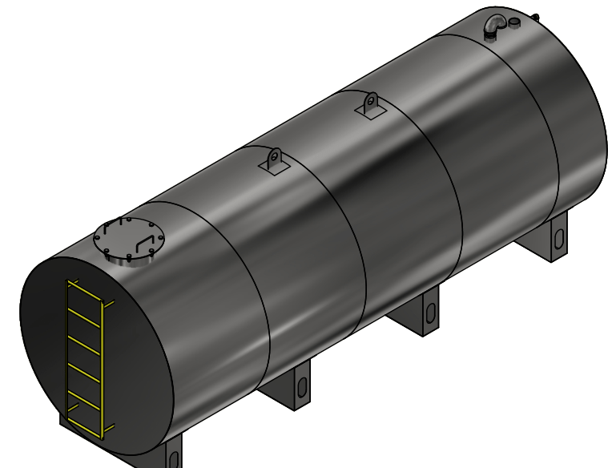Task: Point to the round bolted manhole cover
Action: click(128, 240)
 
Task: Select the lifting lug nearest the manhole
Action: click(275, 160)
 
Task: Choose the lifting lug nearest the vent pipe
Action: click(370, 106)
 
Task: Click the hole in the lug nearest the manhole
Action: click(275, 155)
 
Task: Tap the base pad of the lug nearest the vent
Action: click(371, 115)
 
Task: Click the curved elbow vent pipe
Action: click(494, 26)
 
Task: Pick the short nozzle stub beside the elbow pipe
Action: click(513, 22)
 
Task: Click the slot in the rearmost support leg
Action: click(558, 238)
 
